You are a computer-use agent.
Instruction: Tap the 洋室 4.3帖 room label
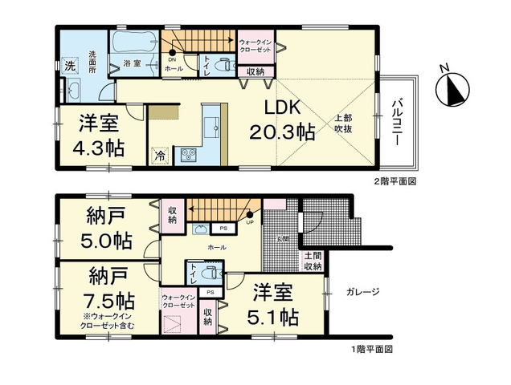[100, 136]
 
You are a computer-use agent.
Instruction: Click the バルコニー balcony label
[397, 121]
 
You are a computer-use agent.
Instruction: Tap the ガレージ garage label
[364, 292]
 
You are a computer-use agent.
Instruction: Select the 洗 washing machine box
[70, 64]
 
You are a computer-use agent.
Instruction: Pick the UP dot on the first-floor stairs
[251, 214]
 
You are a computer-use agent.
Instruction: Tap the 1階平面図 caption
[370, 350]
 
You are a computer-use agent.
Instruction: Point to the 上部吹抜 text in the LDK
[343, 123]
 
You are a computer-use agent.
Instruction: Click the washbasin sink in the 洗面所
[71, 89]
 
